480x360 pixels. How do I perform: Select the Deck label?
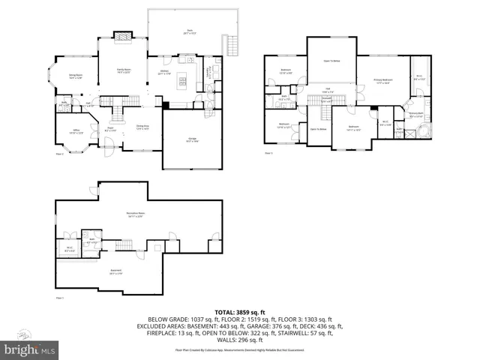[x=179, y=31]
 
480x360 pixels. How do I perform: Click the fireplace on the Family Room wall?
[x=121, y=34]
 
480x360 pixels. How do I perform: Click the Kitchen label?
[x=166, y=73]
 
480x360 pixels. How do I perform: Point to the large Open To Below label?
[x=331, y=62]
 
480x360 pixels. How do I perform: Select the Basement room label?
[x=115, y=271]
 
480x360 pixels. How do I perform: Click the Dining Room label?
[x=76, y=76]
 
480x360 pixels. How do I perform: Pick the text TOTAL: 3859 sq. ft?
[x=239, y=311]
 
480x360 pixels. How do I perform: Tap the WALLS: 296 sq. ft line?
[x=240, y=341]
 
